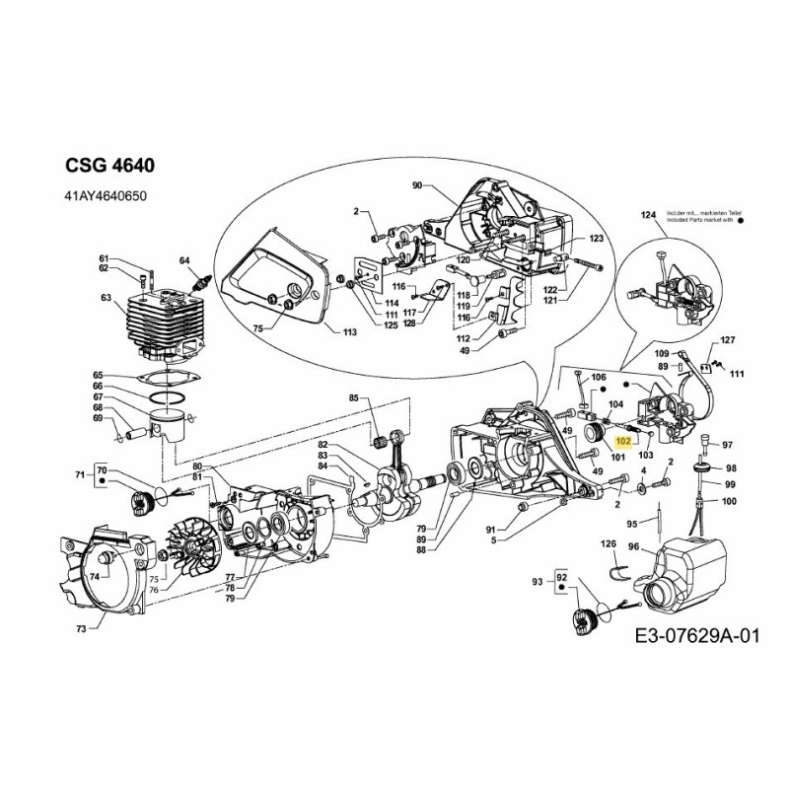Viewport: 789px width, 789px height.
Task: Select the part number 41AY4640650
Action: coord(105,197)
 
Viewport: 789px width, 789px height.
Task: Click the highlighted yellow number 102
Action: coord(622,444)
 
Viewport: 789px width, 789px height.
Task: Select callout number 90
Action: coord(416,185)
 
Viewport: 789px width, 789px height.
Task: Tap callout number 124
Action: coord(648,215)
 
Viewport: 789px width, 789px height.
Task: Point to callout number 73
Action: coord(80,627)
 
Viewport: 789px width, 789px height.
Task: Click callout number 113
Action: coord(348,333)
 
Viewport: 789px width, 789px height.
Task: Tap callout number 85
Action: coord(353,397)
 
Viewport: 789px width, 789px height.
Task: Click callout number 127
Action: coord(728,340)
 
